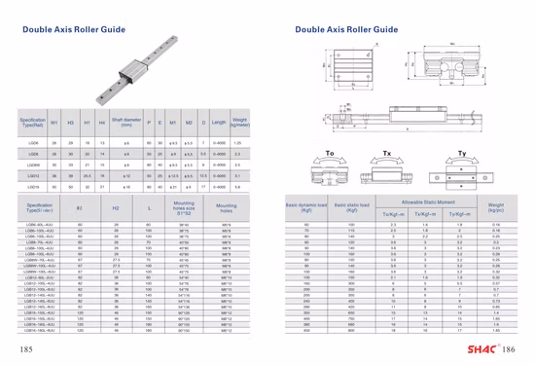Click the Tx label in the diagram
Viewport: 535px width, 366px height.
point(387,154)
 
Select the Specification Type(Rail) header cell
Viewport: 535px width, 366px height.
point(32,124)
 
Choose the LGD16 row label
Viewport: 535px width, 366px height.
point(32,186)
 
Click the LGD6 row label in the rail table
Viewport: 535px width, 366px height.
point(32,142)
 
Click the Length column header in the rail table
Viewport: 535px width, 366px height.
point(218,124)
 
